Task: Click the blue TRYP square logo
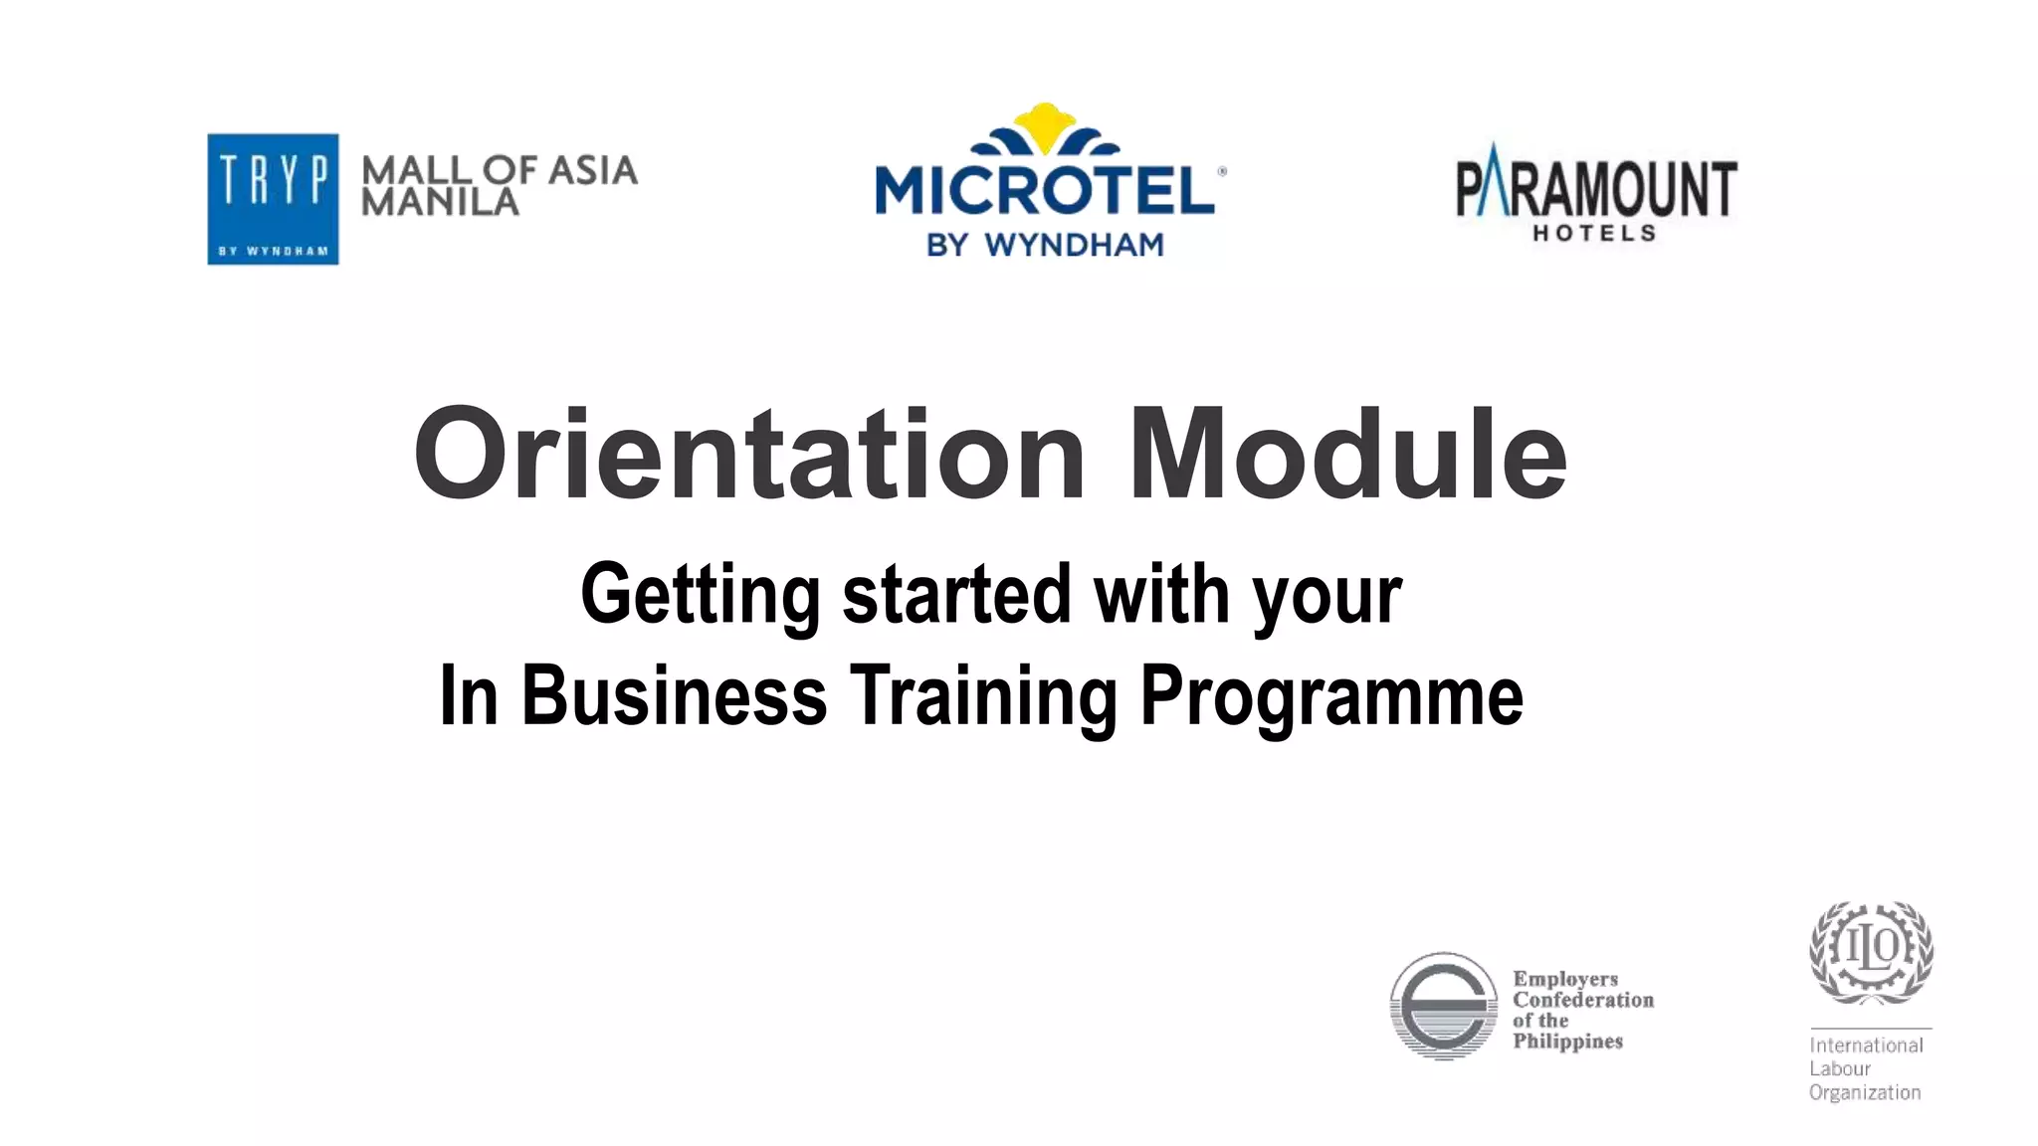[273, 199]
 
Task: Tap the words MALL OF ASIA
[500, 171]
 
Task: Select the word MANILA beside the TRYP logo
[440, 203]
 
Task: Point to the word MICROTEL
[1045, 190]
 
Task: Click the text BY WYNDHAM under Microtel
[1045, 245]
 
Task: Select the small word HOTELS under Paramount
[1594, 234]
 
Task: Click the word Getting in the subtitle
[700, 595]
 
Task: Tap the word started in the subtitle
[956, 595]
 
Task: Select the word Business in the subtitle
[674, 695]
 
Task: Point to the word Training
[983, 695]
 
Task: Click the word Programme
[1331, 695]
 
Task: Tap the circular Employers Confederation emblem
[1443, 1006]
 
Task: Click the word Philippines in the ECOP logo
[1567, 1042]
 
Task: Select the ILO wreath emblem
[1871, 952]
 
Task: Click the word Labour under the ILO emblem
[1840, 1069]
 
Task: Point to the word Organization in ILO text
[1865, 1092]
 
